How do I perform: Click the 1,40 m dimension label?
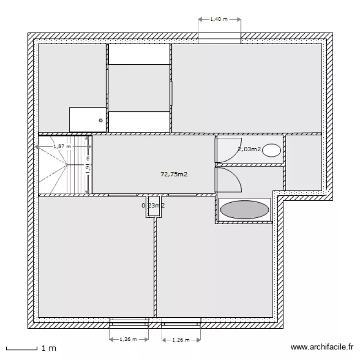219,20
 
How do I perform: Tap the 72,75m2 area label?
174,175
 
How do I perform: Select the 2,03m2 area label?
249,149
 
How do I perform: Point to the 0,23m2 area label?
153,205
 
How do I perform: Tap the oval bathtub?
244,210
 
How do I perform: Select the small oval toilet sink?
272,150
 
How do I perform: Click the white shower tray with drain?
87,119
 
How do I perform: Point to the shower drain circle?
101,120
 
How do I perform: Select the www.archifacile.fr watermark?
322,347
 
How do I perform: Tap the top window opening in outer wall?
219,38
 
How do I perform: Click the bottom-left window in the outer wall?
129,322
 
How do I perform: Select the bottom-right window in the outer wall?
181,322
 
